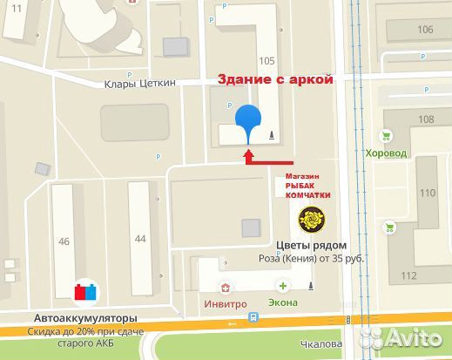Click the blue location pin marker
point(249,119)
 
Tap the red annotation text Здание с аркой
point(275,79)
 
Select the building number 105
point(266,61)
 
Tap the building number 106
point(426,30)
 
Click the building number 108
point(426,119)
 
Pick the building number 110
point(428,193)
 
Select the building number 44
point(141,238)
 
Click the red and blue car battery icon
point(84,292)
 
